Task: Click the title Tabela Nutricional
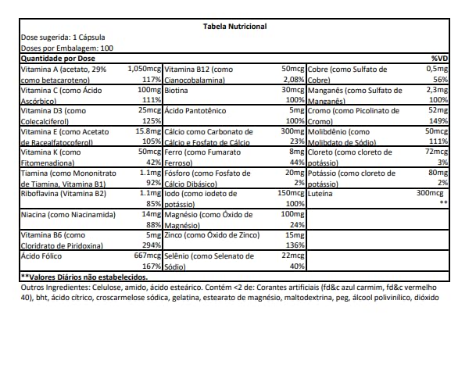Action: pyautogui.click(x=235, y=27)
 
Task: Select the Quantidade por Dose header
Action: pyautogui.click(x=58, y=59)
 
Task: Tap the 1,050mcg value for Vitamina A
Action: pyautogui.click(x=144, y=69)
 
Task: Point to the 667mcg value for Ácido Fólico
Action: pyautogui.click(x=147, y=256)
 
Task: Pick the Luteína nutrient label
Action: pyautogui.click(x=324, y=192)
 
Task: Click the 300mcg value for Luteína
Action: pyautogui.click(x=431, y=192)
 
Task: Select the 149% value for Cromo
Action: pyautogui.click(x=438, y=121)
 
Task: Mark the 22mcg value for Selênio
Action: pyautogui.click(x=292, y=256)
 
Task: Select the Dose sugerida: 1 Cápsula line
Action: pyautogui.click(x=63, y=38)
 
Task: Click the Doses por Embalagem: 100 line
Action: pyautogui.click(x=67, y=48)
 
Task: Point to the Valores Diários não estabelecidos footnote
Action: pyautogui.click(x=84, y=277)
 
